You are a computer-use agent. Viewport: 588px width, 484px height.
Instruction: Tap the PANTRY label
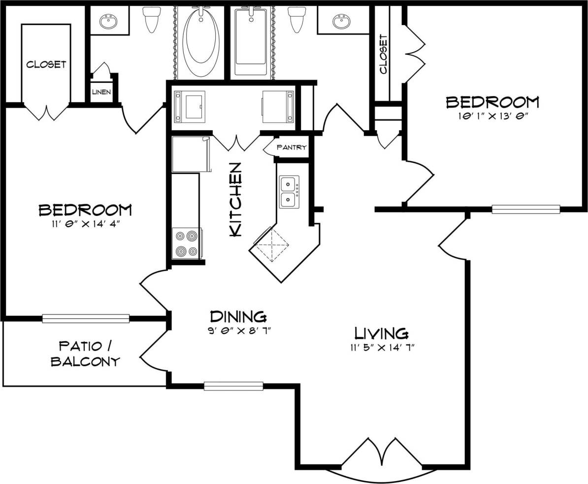292,147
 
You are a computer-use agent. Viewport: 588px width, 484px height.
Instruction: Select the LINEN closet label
101,92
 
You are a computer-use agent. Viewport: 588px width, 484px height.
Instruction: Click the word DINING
238,316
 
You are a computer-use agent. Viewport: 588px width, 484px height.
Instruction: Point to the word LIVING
382,334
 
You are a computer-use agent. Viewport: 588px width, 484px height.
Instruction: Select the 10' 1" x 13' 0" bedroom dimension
492,117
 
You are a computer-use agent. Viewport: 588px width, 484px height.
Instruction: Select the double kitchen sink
289,192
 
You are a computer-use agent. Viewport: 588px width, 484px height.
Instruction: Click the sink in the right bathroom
340,21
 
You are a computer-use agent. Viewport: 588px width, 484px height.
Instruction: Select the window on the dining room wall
233,386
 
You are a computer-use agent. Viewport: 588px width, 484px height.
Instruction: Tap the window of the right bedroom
526,209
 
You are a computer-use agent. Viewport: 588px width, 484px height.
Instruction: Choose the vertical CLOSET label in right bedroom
384,54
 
